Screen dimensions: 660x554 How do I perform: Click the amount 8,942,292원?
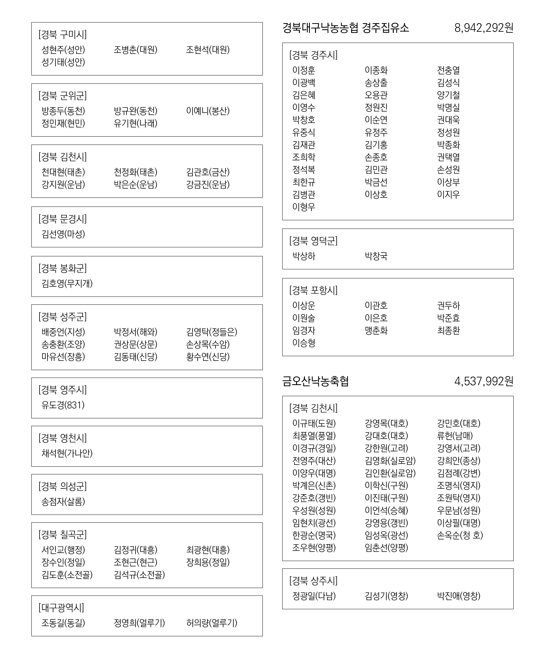pyautogui.click(x=483, y=28)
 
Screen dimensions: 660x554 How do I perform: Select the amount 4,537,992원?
pyautogui.click(x=483, y=381)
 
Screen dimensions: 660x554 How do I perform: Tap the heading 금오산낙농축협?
pyautogui.click(x=315, y=381)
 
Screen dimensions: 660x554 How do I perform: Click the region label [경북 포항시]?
pyautogui.click(x=313, y=290)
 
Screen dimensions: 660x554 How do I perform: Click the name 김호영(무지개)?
pyautogui.click(x=67, y=284)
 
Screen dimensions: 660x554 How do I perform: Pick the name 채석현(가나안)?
pyautogui.click(x=67, y=453)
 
